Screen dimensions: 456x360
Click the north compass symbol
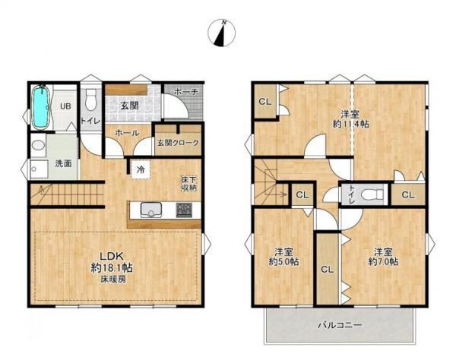(x=221, y=33)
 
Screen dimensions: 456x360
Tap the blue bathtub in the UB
(x=40, y=107)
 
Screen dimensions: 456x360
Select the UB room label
(x=65, y=106)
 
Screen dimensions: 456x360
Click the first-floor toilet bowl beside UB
(x=90, y=100)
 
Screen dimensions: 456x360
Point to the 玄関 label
(x=130, y=106)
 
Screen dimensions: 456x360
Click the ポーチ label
(x=186, y=92)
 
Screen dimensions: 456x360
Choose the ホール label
(x=127, y=133)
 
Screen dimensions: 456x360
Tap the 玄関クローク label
(x=178, y=143)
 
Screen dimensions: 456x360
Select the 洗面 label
(x=63, y=163)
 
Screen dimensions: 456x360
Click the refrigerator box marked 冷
(x=141, y=169)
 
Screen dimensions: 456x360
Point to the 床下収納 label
(x=189, y=184)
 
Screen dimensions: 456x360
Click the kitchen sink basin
(x=151, y=210)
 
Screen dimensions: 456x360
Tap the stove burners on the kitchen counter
(x=184, y=210)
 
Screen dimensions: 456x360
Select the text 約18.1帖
(x=112, y=267)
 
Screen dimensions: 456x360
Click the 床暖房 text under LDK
(x=113, y=279)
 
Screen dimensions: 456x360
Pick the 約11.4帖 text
(x=350, y=124)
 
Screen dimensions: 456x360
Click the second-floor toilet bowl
(x=372, y=194)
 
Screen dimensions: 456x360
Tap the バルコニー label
(x=340, y=325)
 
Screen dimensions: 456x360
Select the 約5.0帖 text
(x=283, y=262)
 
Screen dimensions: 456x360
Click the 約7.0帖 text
(x=383, y=262)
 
